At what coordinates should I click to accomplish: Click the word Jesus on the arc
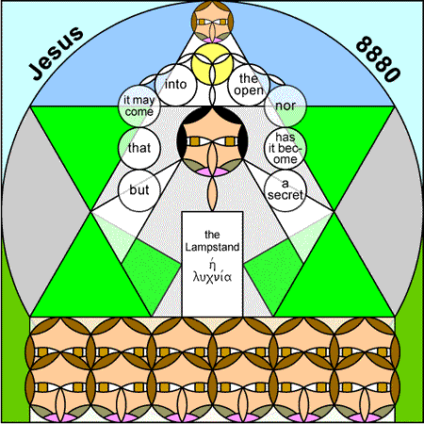pyautogui.click(x=57, y=53)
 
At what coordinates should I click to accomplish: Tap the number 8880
pyautogui.click(x=379, y=59)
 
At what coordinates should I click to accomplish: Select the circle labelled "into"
pyautogui.click(x=175, y=85)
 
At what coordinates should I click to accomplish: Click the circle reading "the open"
pyautogui.click(x=249, y=85)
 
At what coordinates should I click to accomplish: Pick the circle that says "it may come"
pyautogui.click(x=139, y=106)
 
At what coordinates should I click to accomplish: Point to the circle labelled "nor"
pyautogui.click(x=285, y=106)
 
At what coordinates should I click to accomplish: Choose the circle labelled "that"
pyautogui.click(x=139, y=148)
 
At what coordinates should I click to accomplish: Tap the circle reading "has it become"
pyautogui.click(x=285, y=148)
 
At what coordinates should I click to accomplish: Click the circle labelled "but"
pyautogui.click(x=139, y=190)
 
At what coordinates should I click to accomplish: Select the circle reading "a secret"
pyautogui.click(x=285, y=190)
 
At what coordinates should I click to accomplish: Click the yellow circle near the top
pyautogui.click(x=212, y=64)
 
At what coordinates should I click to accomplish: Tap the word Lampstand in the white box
pyautogui.click(x=212, y=247)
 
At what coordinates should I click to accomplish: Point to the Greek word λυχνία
pyautogui.click(x=212, y=277)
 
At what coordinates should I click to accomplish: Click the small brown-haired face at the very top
pyautogui.click(x=212, y=22)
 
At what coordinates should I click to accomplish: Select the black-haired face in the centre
pyautogui.click(x=212, y=140)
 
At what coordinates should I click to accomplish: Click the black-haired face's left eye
pyautogui.click(x=195, y=141)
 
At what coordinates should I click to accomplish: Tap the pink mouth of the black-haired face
pyautogui.click(x=212, y=171)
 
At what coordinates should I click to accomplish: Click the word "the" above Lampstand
pyautogui.click(x=212, y=235)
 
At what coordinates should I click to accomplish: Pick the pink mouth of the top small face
pyautogui.click(x=212, y=41)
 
